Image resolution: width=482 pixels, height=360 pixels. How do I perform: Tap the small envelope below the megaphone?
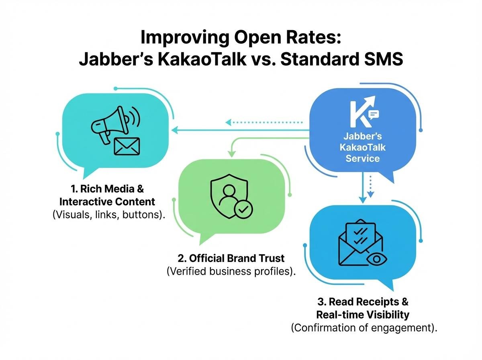point(127,146)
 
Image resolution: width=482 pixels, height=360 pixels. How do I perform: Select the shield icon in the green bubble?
point(229,196)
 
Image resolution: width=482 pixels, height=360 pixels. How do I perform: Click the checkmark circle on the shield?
point(243,209)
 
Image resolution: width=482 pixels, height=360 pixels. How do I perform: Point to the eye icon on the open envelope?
point(377,259)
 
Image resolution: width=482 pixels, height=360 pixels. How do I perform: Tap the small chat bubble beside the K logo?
point(374,115)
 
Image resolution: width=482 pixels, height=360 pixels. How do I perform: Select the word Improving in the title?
point(185,38)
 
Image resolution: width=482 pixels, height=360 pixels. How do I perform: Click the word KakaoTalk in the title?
point(202,59)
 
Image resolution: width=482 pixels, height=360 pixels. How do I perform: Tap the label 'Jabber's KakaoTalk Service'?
point(363,147)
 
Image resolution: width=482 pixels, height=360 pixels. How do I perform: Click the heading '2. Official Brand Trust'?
point(231,258)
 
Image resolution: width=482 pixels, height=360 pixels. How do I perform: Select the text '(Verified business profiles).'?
point(231,271)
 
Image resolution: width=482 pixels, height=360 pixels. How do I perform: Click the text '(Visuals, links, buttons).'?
point(109,215)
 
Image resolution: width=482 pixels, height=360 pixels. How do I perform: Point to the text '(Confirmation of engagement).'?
point(364,328)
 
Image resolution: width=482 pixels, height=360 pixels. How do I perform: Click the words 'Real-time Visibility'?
point(363,315)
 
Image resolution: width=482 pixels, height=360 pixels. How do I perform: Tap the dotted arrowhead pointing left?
point(229,122)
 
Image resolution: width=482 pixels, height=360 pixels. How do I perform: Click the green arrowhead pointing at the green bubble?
point(231,153)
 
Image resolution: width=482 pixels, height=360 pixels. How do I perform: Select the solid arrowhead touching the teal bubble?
point(175,130)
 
